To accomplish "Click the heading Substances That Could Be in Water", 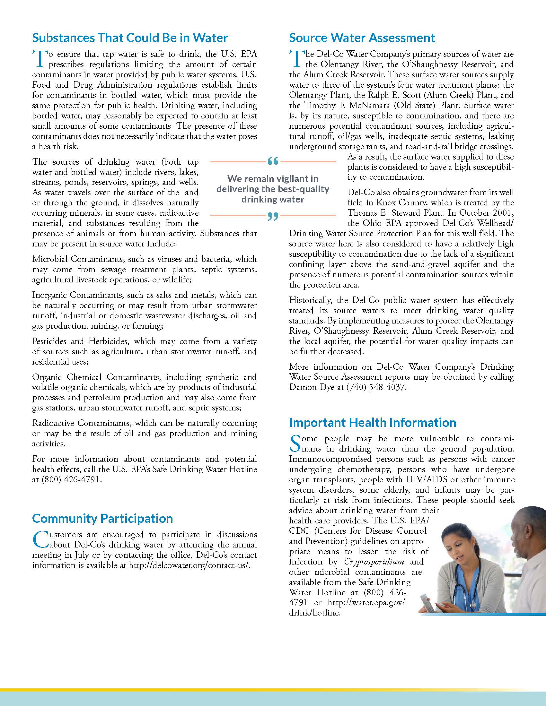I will click(x=130, y=38).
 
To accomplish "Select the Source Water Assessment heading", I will click(x=362, y=38).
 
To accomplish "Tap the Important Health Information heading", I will click(x=372, y=423).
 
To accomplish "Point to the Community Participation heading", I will click(x=102, y=519).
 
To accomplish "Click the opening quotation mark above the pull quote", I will click(x=273, y=161).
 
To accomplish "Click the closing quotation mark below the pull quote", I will click(x=273, y=216).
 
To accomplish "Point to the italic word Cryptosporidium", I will click(x=374, y=562).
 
